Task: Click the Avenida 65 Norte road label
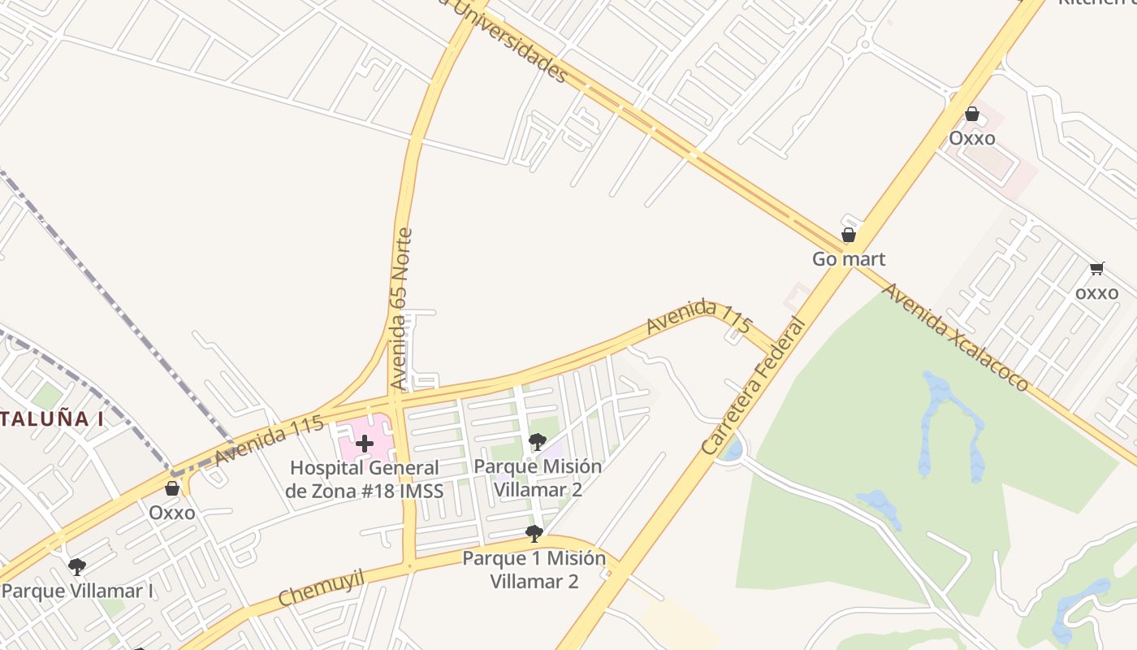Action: [x=401, y=309]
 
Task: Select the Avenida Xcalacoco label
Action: [x=956, y=337]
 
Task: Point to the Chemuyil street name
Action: [x=321, y=587]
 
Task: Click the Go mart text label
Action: [x=849, y=259]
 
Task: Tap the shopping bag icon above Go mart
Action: [x=849, y=236]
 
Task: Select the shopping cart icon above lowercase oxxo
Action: [x=1097, y=269]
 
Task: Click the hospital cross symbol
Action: [x=365, y=444]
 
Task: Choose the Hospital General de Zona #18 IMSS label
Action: [x=365, y=479]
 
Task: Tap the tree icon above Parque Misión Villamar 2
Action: [x=537, y=442]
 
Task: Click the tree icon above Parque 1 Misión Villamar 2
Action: [x=534, y=533]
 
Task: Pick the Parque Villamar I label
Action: [x=77, y=590]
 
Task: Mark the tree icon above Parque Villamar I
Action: [x=77, y=566]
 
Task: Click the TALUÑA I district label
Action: [x=52, y=419]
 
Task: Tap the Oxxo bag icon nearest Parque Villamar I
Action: [x=172, y=488]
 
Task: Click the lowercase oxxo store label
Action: [x=1096, y=292]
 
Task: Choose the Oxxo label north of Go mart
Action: [x=972, y=138]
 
